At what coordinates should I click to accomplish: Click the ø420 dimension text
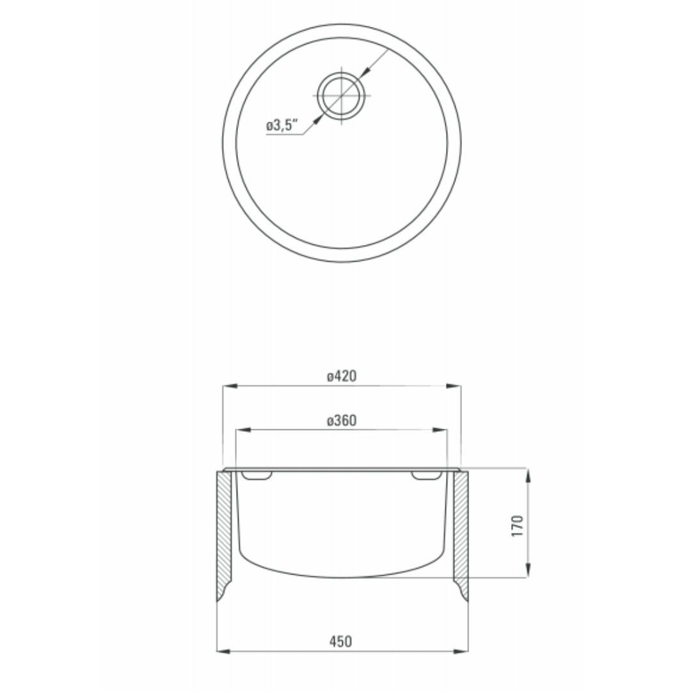pyautogui.click(x=341, y=376)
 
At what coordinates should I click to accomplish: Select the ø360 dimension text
pyautogui.click(x=341, y=420)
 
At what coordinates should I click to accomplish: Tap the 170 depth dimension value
pyautogui.click(x=518, y=525)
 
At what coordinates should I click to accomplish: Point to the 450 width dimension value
pyautogui.click(x=341, y=641)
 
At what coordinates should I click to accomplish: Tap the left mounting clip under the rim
pyautogui.click(x=258, y=476)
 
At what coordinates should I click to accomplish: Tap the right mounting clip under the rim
pyautogui.click(x=425, y=476)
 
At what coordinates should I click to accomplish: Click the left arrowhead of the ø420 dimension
pyautogui.click(x=228, y=386)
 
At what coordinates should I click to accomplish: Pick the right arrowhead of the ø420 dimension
pyautogui.click(x=454, y=386)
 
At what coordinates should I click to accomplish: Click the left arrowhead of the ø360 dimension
pyautogui.click(x=244, y=431)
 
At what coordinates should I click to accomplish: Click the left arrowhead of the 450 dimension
pyautogui.click(x=224, y=651)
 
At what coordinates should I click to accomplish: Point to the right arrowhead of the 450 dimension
pyautogui.click(x=462, y=651)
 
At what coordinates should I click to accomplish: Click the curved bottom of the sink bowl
pyautogui.click(x=342, y=571)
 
